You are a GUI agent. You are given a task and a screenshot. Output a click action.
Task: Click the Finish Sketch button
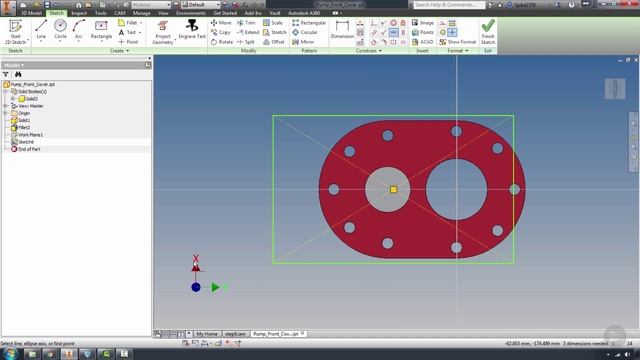[x=488, y=33]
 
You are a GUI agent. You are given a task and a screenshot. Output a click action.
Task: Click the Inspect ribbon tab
[x=79, y=13]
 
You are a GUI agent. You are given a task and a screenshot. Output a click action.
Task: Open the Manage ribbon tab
[x=142, y=13]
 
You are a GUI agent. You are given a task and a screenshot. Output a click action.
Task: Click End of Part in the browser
[x=28, y=149]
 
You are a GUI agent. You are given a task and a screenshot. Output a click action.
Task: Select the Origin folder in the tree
[x=24, y=114]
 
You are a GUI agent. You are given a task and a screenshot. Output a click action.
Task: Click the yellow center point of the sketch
[x=393, y=189]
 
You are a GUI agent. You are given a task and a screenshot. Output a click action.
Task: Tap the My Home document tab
[x=208, y=333]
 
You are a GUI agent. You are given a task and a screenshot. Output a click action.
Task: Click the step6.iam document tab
[x=235, y=333]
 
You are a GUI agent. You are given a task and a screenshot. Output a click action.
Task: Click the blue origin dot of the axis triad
[x=196, y=287]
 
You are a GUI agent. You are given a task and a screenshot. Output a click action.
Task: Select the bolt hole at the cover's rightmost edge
[x=515, y=189]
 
